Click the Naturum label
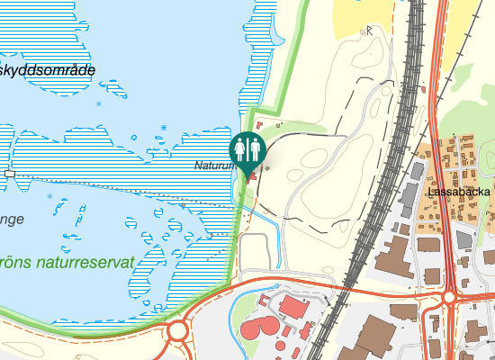point(213,166)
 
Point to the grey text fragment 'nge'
point(12,219)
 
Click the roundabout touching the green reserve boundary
point(176,331)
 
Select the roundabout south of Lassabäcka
point(448,297)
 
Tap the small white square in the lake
point(10,173)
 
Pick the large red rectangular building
point(293,307)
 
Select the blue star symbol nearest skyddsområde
point(99,103)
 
